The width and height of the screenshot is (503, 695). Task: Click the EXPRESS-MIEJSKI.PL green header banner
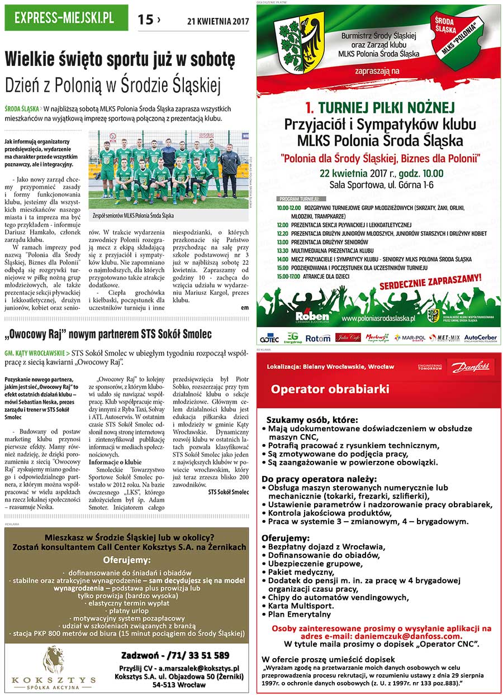pos(66,18)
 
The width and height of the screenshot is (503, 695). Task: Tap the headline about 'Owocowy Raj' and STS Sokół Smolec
pos(108,335)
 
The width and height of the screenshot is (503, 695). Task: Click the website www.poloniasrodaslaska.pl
pos(378,318)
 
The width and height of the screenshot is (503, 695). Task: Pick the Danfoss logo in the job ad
pos(470,367)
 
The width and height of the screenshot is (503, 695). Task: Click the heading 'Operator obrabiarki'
pos(330,389)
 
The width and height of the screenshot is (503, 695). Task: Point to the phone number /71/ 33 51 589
pos(175,655)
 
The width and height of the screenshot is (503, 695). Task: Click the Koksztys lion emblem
pos(54,660)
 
